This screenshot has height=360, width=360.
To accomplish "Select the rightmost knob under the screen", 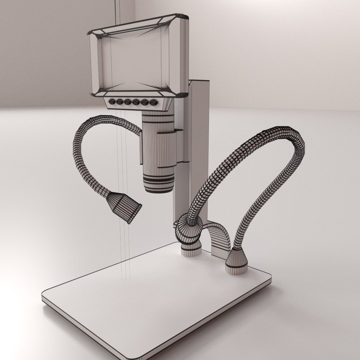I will click(154, 102).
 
